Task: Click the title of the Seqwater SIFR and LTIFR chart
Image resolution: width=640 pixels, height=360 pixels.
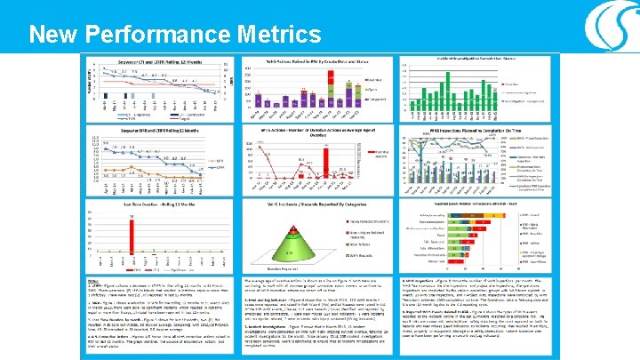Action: tap(156, 130)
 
